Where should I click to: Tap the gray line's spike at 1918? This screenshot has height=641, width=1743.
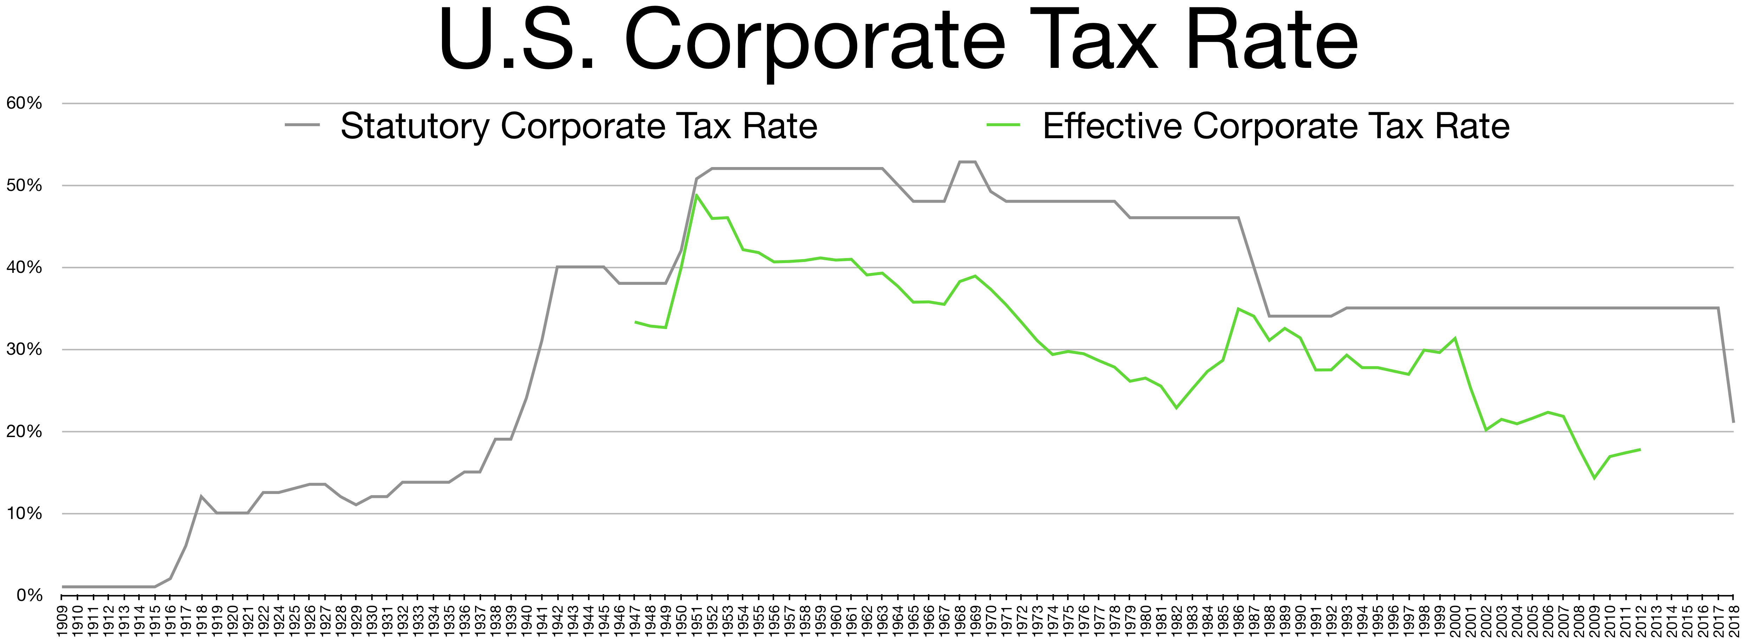pos(201,496)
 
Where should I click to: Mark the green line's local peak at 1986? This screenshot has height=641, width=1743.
pos(1238,309)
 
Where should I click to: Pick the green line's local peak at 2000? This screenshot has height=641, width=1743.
pos(1455,338)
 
